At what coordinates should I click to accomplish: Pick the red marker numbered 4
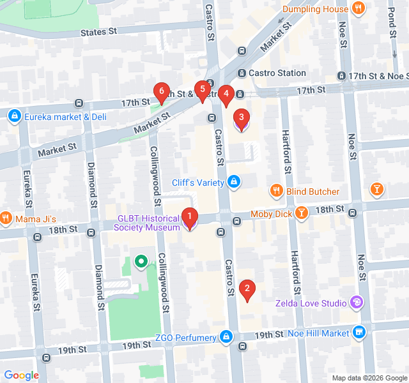(226, 95)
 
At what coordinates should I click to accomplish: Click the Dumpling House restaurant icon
(359, 9)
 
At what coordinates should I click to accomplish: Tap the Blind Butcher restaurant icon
(276, 191)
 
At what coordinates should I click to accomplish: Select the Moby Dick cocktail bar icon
(302, 213)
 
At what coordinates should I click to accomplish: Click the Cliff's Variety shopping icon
(235, 183)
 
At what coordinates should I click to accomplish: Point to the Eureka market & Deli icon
(14, 116)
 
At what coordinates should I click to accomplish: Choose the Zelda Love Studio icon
(357, 302)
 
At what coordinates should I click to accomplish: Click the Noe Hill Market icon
(359, 333)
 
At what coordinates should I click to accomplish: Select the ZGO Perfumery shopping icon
(225, 336)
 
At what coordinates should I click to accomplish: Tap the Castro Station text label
(277, 73)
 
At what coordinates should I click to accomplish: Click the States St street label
(100, 33)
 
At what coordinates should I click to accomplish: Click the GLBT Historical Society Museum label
(148, 223)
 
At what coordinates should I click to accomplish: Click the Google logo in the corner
(21, 375)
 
